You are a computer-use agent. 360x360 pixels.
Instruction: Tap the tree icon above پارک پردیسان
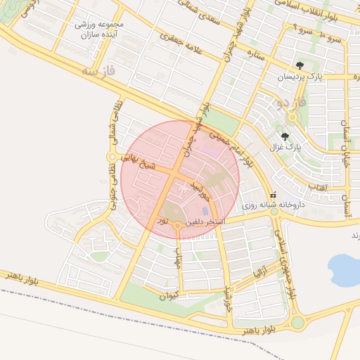(x=300, y=65)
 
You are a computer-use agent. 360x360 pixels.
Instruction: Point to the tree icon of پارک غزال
(x=285, y=136)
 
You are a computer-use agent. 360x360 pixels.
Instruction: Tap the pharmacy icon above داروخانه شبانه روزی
(x=273, y=195)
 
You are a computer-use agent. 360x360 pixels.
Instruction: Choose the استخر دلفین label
(x=205, y=222)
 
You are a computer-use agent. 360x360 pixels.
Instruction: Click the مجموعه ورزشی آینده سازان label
(x=101, y=29)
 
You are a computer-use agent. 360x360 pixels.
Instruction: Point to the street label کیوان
(x=169, y=296)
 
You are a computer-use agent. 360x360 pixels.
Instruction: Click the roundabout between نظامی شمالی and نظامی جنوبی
(x=111, y=156)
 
